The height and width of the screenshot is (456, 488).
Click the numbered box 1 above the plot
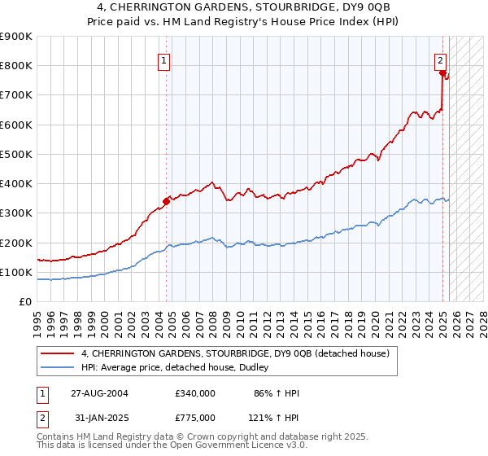163,59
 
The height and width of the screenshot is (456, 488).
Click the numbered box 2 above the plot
440,59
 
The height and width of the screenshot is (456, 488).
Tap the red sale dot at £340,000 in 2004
166,200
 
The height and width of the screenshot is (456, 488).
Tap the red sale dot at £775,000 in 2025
443,72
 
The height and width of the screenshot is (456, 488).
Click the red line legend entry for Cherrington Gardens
236,353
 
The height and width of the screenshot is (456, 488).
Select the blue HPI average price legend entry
180,368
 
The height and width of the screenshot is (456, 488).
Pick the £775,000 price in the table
195,418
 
